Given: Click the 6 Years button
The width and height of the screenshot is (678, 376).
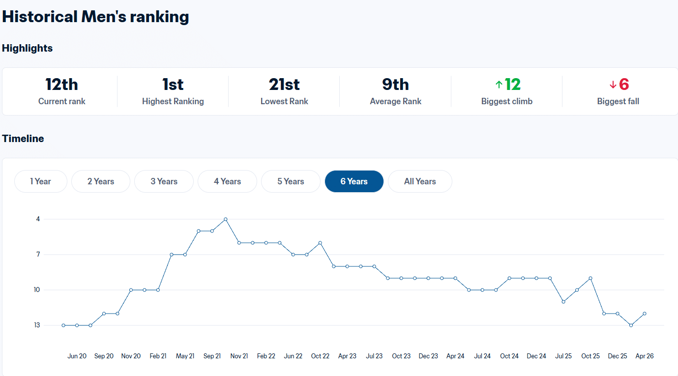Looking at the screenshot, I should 354,181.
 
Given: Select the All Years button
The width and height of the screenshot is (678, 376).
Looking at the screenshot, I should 420,181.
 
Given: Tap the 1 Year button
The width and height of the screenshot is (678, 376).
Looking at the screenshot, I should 40,181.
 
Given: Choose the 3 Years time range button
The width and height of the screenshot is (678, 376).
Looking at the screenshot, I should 164,181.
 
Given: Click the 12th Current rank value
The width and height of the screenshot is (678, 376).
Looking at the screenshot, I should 61,85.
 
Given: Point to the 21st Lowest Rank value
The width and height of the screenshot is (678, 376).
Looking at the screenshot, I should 284,85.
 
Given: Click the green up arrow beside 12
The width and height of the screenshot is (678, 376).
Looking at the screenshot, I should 499,85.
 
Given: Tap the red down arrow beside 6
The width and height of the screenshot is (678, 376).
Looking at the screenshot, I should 613,85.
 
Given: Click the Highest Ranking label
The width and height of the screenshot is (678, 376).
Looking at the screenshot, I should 173,101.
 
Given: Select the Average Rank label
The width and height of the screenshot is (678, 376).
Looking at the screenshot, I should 395,101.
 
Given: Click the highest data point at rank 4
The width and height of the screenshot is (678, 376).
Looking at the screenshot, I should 226,219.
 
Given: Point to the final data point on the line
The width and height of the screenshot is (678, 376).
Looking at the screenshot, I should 645,314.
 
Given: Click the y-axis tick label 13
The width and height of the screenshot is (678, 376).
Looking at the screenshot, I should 37,325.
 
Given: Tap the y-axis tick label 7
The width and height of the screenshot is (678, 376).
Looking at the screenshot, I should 38,255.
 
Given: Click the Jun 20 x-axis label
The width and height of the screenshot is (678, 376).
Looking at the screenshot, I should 77,356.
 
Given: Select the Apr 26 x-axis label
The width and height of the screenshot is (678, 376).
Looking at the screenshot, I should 645,356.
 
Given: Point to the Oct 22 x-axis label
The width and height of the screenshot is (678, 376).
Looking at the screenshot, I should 320,356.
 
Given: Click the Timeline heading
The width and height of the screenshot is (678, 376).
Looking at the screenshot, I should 23,139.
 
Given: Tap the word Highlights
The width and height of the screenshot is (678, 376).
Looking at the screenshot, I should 28,48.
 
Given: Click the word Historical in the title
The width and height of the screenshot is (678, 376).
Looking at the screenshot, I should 40,17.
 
